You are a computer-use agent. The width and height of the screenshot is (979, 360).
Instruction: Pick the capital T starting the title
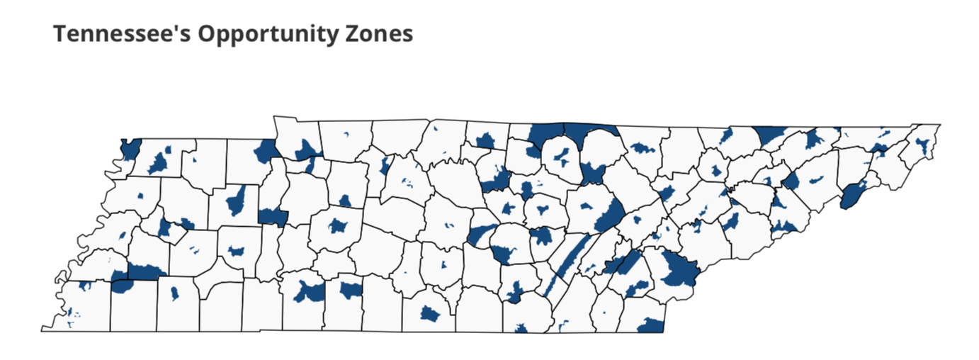(60, 33)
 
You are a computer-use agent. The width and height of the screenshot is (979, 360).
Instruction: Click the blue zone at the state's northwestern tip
(130, 149)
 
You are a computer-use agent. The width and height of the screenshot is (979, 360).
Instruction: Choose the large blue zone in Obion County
(157, 164)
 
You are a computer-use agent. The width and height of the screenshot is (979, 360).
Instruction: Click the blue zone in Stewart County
(307, 149)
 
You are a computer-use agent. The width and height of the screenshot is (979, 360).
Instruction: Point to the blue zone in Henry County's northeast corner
(266, 150)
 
